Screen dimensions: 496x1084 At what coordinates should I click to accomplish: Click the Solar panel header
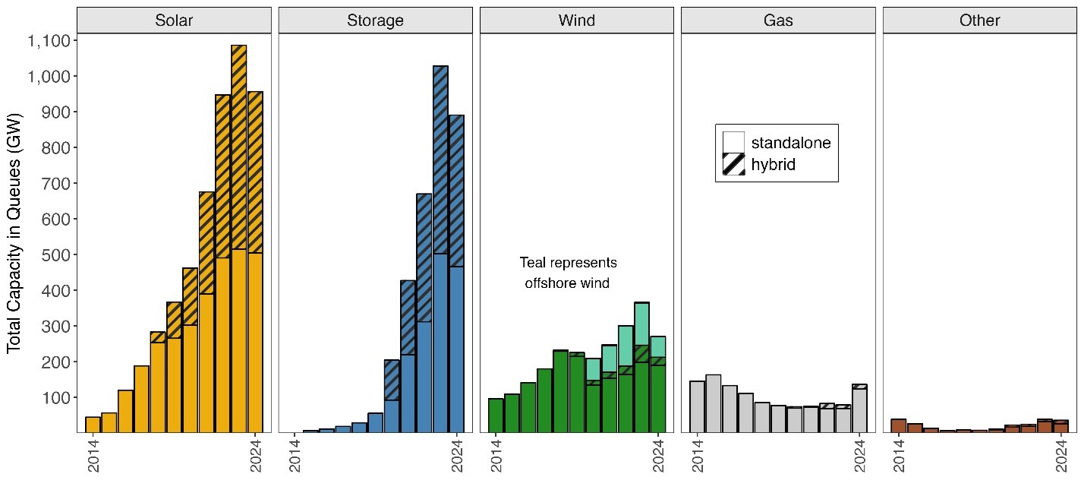click(174, 21)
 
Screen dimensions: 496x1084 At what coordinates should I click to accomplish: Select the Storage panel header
click(375, 21)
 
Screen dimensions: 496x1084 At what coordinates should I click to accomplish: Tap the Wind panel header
click(576, 21)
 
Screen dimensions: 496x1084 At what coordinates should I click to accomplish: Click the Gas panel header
click(778, 21)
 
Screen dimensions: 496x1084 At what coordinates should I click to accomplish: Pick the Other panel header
click(979, 21)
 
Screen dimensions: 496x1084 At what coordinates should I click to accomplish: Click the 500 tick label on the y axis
click(54, 255)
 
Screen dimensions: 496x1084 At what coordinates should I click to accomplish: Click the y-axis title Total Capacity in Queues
click(14, 232)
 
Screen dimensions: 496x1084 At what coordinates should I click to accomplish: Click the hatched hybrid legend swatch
click(733, 164)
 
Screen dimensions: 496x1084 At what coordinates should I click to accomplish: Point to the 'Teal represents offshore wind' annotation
click(568, 273)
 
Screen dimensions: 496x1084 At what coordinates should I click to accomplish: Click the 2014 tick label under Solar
click(93, 456)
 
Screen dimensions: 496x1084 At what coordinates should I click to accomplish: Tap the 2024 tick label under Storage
click(458, 456)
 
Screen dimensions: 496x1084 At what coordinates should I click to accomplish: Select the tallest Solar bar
click(238, 243)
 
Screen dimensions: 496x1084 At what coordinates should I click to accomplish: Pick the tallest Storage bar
click(440, 251)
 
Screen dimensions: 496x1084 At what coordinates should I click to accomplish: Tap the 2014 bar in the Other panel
click(899, 425)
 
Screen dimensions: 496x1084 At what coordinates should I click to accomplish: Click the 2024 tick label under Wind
click(659, 456)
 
